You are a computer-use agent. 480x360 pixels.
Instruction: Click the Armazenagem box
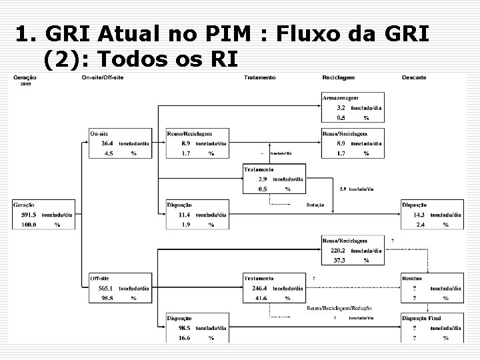click(x=353, y=107)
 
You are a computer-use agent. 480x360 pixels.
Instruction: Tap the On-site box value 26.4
click(x=107, y=143)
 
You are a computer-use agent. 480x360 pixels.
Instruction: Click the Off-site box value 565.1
click(x=107, y=288)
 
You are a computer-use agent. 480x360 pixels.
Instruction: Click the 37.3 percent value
click(x=340, y=260)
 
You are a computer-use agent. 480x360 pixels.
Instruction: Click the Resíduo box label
click(x=412, y=278)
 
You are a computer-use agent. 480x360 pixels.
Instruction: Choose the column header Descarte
click(x=414, y=78)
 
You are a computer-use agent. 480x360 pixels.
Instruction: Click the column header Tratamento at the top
click(x=259, y=78)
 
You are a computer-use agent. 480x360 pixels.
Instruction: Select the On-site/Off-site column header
click(x=103, y=78)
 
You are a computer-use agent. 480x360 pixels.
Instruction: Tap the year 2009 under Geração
click(x=25, y=85)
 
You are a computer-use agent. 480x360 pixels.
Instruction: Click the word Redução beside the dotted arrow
click(x=315, y=205)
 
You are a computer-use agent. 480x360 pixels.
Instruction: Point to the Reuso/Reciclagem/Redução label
click(x=339, y=308)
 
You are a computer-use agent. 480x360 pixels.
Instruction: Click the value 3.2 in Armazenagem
click(x=341, y=107)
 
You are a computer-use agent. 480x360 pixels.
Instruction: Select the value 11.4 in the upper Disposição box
click(x=185, y=215)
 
